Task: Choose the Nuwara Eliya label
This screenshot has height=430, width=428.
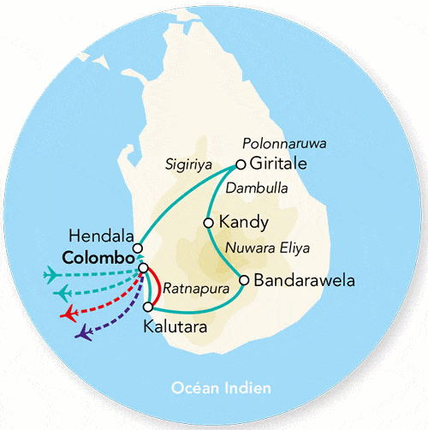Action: point(267,250)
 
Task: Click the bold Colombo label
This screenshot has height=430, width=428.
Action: point(98,257)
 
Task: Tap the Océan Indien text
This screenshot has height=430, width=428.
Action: point(215,388)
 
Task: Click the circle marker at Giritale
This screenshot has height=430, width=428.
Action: point(241,164)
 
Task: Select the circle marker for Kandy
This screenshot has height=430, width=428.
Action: point(208,223)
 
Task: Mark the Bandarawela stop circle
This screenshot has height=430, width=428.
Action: point(245,280)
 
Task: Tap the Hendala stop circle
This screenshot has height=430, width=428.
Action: point(138,248)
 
